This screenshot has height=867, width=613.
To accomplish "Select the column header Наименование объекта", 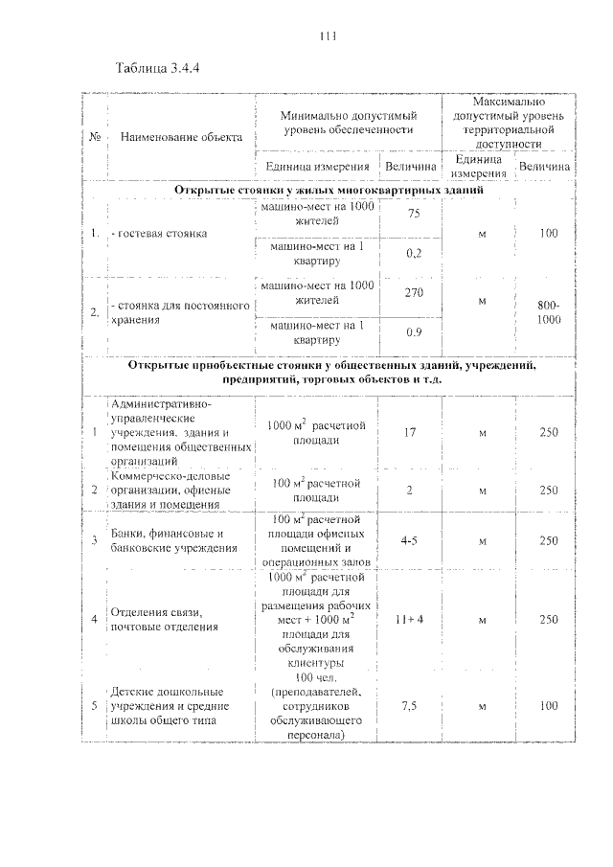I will tap(182, 136).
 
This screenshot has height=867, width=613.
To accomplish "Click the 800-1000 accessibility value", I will tap(549, 312).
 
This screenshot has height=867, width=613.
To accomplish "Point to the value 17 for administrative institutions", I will tap(409, 432).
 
